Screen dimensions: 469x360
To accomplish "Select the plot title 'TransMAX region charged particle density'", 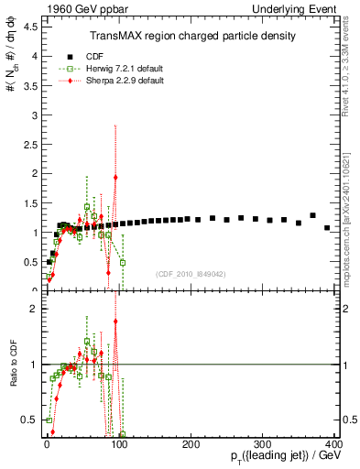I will click(x=191, y=36).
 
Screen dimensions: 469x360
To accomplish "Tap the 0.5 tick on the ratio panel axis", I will click(x=29, y=420).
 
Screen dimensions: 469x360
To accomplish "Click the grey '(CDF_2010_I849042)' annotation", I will click(x=190, y=273).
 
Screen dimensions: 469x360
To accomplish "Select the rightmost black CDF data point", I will click(x=327, y=227).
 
